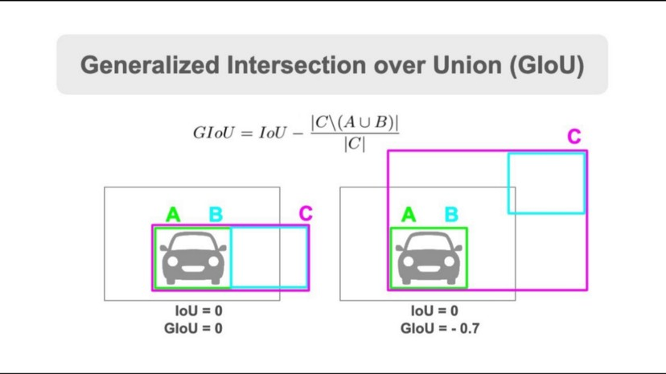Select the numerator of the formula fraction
(355, 122)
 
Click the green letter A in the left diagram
(173, 215)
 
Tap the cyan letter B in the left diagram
(216, 215)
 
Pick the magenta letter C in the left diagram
(305, 213)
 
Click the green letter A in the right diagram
(409, 215)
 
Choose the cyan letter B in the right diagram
(451, 215)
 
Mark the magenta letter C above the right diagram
(573, 137)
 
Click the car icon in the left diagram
(193, 257)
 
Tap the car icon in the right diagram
(429, 257)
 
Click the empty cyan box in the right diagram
(546, 183)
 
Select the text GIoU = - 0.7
(441, 328)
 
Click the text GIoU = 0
(193, 328)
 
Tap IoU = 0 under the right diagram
(434, 311)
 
